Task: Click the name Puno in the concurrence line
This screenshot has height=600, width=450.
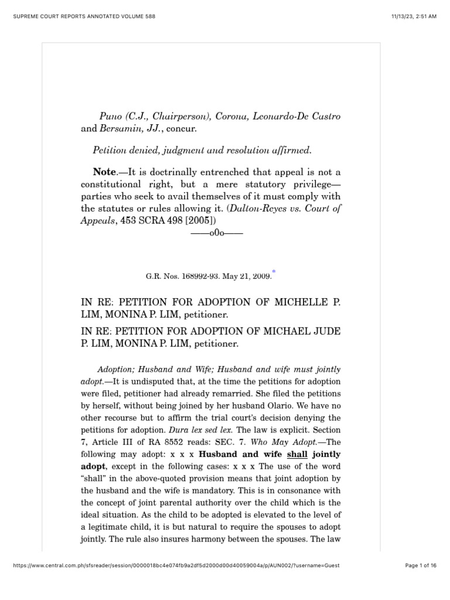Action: [x=104, y=117]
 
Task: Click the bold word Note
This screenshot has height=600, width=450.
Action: [x=105, y=172]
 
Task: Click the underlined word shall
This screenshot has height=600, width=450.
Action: [x=298, y=454]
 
